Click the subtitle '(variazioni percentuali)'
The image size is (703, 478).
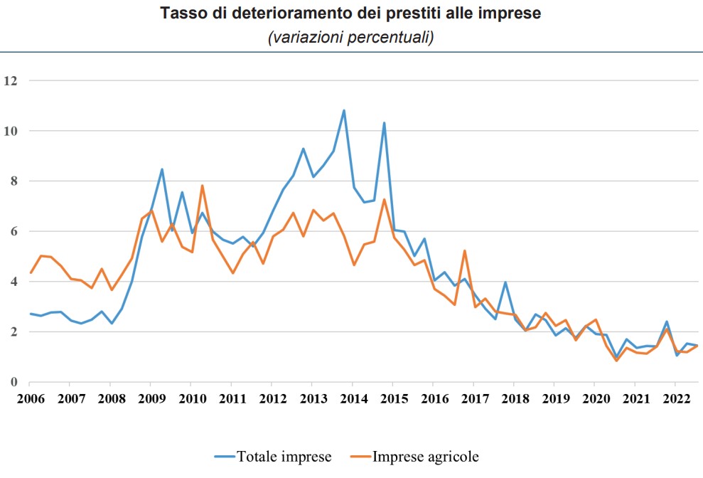[350, 38]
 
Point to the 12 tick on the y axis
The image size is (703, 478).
[9, 80]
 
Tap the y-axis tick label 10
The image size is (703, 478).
[9, 131]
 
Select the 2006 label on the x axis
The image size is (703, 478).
[30, 397]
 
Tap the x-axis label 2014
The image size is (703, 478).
[352, 397]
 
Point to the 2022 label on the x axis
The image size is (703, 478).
[674, 397]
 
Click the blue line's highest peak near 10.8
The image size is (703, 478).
[344, 110]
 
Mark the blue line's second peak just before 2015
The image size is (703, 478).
[384, 123]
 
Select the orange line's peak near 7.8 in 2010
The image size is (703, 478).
[203, 186]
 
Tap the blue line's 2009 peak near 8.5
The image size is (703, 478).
[162, 169]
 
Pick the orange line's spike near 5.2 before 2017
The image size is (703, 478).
[464, 250]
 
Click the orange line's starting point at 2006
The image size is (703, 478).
[31, 272]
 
